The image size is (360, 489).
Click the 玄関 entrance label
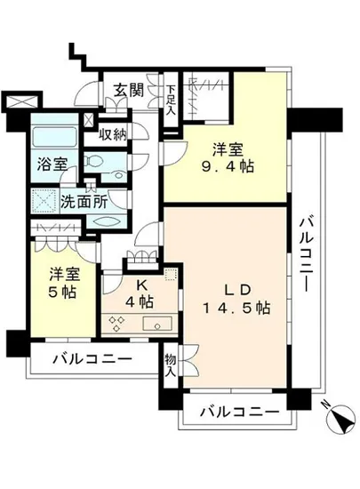130,89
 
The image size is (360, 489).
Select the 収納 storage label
114,134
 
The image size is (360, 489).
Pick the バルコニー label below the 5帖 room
92,360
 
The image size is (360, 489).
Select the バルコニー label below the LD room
238,411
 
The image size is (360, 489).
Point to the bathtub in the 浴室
52,140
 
